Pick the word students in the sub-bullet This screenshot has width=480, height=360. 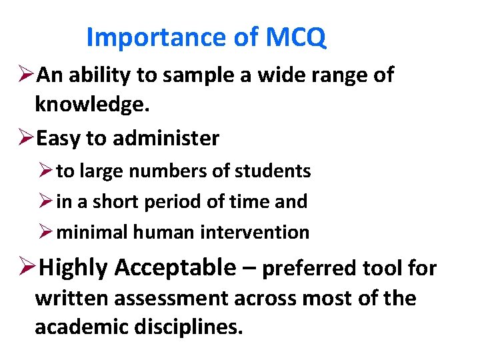point(272,171)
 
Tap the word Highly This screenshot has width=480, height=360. point(74,268)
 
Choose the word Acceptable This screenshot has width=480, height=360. point(175,268)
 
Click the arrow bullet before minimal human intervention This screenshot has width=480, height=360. point(46,232)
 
